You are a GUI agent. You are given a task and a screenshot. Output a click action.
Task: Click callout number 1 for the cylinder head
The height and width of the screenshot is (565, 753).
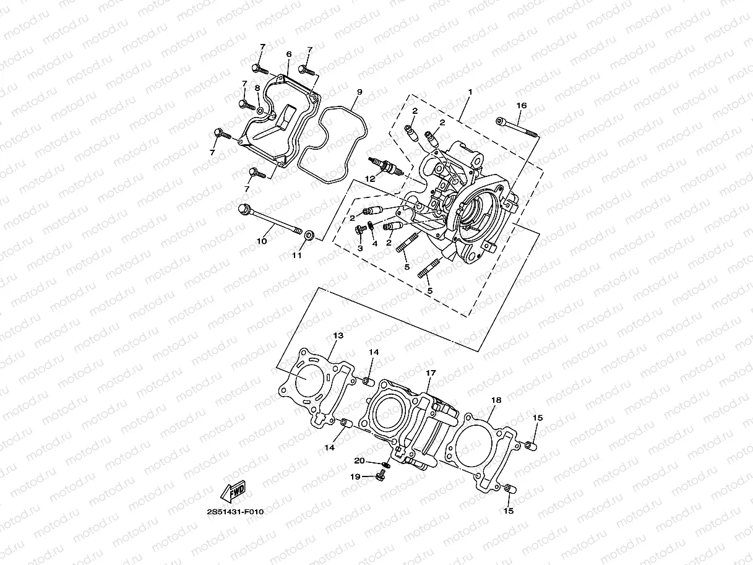tap(470, 92)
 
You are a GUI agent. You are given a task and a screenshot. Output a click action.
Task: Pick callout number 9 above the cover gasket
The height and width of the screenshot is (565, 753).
tap(359, 92)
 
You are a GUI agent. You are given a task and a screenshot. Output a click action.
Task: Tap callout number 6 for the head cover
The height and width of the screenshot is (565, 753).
tap(289, 54)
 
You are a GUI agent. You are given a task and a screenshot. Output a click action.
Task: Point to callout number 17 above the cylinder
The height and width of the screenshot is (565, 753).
tap(431, 373)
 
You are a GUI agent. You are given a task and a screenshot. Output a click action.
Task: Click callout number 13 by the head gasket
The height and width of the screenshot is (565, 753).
tap(338, 335)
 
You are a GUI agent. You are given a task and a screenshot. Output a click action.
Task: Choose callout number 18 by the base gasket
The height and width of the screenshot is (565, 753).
tap(496, 400)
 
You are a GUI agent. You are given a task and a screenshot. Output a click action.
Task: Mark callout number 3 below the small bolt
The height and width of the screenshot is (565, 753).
tap(359, 248)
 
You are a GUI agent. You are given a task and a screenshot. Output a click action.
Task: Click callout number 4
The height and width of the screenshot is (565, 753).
tap(374, 244)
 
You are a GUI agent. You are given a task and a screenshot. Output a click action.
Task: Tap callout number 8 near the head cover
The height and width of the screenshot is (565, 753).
tap(257, 88)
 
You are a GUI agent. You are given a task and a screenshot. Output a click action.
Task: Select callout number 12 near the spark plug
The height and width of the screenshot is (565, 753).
tap(369, 178)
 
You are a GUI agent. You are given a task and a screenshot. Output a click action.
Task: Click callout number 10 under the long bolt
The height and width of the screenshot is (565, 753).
tap(262, 241)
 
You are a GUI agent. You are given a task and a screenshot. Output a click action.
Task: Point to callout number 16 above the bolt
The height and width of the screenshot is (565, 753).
tap(521, 106)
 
